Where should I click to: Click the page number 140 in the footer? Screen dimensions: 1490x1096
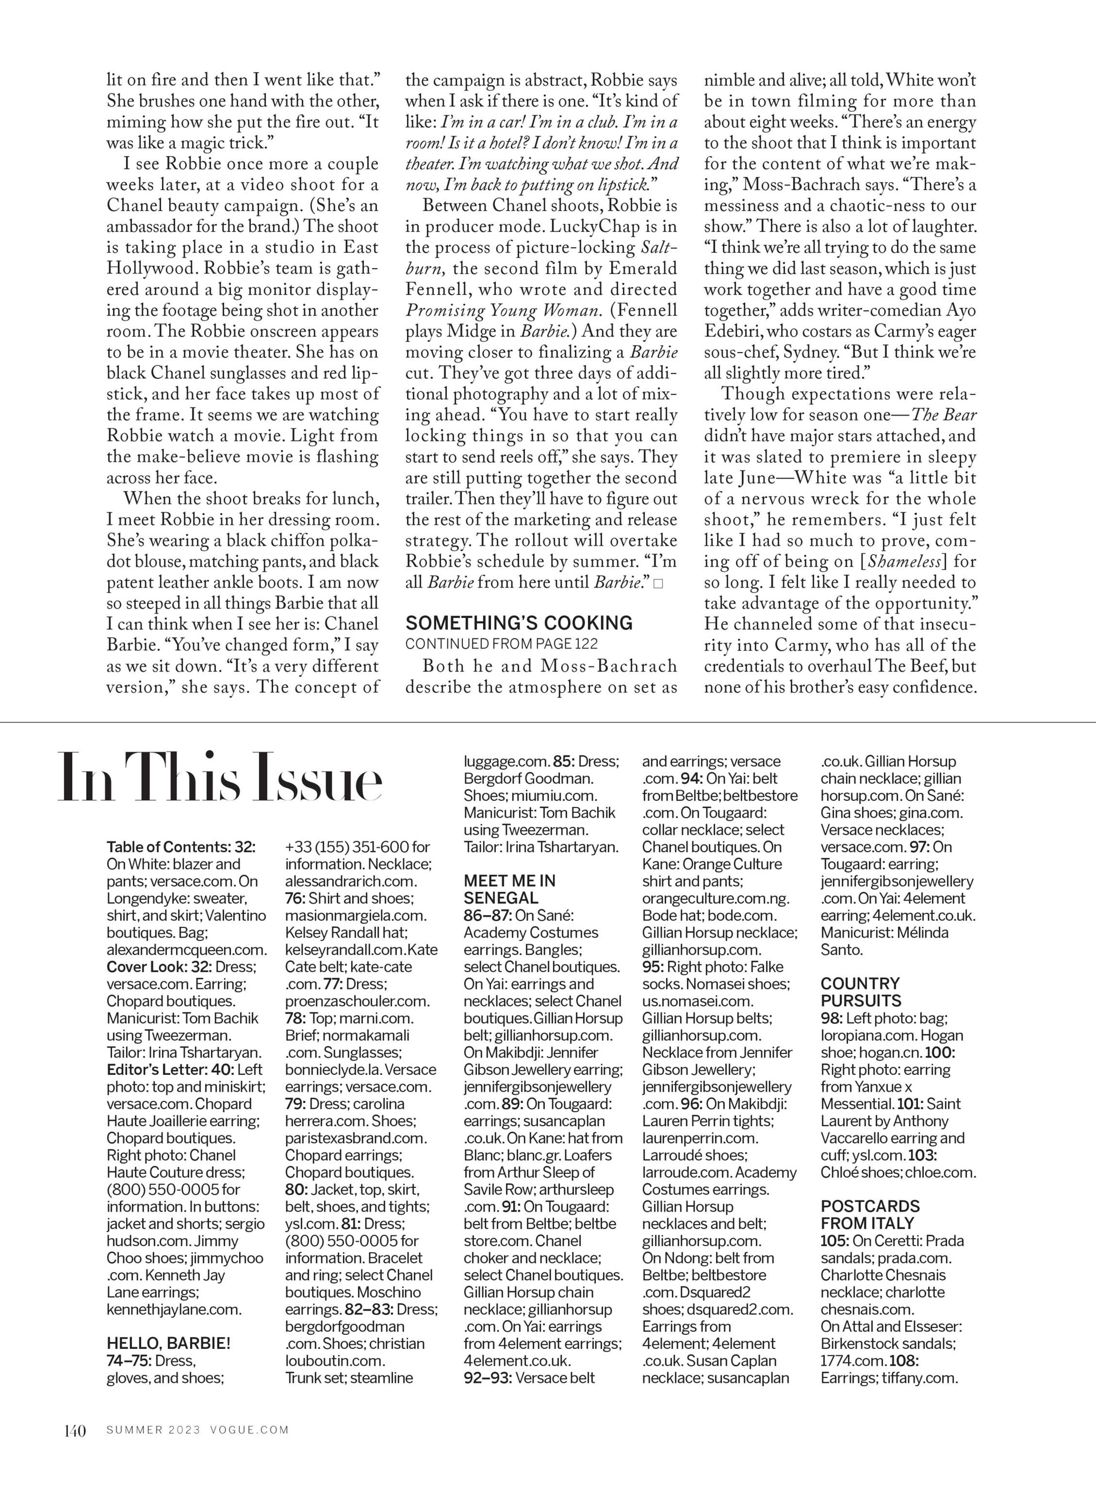[x=75, y=1430]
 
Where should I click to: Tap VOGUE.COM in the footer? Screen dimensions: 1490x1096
[x=250, y=1430]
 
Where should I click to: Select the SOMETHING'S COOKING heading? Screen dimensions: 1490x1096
[x=519, y=623]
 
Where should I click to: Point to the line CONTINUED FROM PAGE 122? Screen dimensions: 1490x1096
[x=501, y=643]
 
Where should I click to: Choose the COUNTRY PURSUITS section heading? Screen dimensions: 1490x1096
[x=860, y=992]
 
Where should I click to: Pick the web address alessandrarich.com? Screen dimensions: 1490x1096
[x=351, y=881]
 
